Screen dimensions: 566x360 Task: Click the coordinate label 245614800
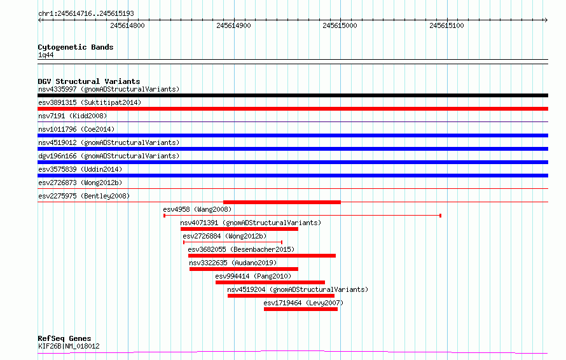coord(127,25)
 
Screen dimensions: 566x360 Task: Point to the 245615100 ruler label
coord(446,25)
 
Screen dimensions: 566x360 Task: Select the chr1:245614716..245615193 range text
coord(86,14)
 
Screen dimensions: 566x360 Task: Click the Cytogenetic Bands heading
coord(76,47)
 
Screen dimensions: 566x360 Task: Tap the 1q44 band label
coord(46,55)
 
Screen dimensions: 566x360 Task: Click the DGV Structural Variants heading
coord(89,81)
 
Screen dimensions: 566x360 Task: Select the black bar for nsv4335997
coord(293,95)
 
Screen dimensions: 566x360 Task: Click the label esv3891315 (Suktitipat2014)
coord(90,102)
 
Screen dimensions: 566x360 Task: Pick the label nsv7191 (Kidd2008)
coord(72,116)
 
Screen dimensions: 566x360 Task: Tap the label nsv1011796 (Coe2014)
coord(76,129)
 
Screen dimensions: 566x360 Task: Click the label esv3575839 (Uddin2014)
coord(80,169)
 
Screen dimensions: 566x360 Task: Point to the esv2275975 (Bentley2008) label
coord(84,196)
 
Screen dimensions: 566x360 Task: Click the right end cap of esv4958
coord(440,216)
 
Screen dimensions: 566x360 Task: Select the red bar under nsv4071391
coord(239,229)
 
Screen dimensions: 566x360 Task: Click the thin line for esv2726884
coord(233,242)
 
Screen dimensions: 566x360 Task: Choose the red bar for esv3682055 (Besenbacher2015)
coord(262,256)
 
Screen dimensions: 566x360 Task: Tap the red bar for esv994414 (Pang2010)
coord(270,282)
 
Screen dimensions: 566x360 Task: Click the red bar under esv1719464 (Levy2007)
coord(301,309)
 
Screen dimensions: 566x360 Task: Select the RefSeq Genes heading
coord(64,338)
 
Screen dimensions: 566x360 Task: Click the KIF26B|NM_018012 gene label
coord(69,346)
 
